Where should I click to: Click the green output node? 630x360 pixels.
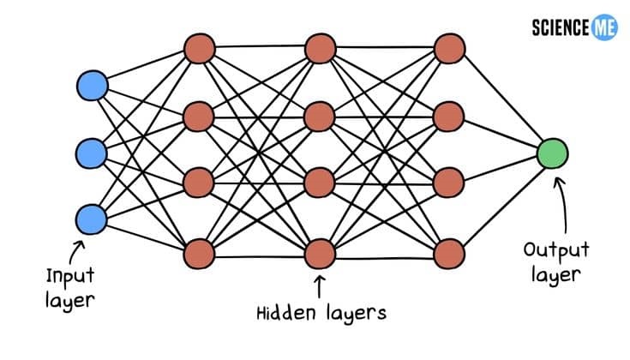[553, 153]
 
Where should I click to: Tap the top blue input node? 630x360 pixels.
[92, 86]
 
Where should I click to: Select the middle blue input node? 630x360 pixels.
[92, 153]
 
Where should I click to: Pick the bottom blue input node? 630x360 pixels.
[92, 219]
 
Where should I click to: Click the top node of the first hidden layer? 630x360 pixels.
[199, 48]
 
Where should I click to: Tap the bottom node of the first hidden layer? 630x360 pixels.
[199, 253]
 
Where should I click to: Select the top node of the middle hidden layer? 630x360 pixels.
[321, 48]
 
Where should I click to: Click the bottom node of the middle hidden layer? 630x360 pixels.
[321, 253]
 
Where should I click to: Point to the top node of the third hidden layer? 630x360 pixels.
[449, 48]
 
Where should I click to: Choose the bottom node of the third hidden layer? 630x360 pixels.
[449, 253]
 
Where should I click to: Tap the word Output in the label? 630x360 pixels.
[555, 250]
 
